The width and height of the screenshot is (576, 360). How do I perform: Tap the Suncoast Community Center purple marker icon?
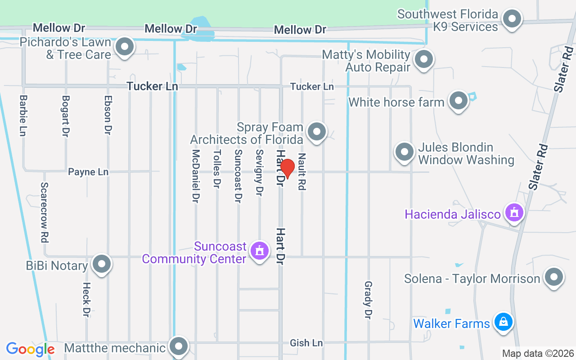[x=259, y=250]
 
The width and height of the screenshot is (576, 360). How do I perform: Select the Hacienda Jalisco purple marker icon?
[x=513, y=211]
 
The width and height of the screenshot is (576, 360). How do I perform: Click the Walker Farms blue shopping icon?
[x=503, y=322]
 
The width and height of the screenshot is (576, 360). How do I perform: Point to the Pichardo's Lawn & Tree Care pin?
[x=125, y=47]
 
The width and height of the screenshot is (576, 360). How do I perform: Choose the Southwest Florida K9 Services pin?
[x=512, y=19]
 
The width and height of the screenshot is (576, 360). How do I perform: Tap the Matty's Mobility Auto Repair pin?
[x=423, y=59]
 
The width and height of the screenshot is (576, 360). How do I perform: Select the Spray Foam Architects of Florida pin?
[x=317, y=132]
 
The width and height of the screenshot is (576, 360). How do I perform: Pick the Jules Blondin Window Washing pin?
[x=404, y=152]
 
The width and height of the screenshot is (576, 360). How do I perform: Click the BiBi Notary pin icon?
[x=101, y=264]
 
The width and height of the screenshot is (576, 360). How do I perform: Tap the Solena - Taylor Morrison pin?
[x=553, y=277]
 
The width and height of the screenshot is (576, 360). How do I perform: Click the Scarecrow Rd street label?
[x=44, y=212]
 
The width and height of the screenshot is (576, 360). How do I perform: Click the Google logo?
[x=31, y=349]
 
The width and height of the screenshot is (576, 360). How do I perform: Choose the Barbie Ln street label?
[x=23, y=116]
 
